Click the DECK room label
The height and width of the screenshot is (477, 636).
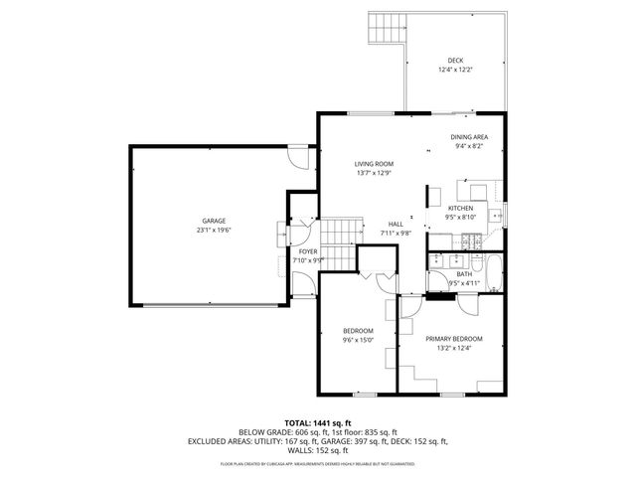(x=455, y=61)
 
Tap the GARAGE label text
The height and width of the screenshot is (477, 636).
(x=214, y=221)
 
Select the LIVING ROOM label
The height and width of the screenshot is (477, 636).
(x=375, y=163)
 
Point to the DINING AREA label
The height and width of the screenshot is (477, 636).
(x=469, y=137)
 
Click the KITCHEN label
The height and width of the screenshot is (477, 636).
(x=462, y=208)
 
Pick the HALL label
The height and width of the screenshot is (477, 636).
(x=395, y=224)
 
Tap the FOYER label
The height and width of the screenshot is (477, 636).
(x=308, y=251)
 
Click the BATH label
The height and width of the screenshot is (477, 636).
(x=464, y=274)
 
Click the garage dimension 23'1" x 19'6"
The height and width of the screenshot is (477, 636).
(x=214, y=231)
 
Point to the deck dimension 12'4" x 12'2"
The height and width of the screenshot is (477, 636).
(x=455, y=71)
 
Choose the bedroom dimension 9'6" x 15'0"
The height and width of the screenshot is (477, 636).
(x=358, y=340)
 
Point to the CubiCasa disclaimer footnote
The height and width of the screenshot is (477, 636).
(x=318, y=463)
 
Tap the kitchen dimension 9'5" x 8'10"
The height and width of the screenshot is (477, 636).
(x=462, y=217)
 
